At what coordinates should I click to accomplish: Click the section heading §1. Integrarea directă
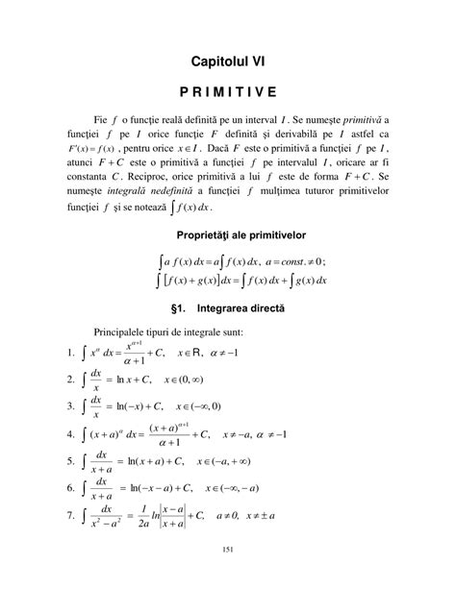(228, 309)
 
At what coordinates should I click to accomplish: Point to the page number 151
(228, 573)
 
